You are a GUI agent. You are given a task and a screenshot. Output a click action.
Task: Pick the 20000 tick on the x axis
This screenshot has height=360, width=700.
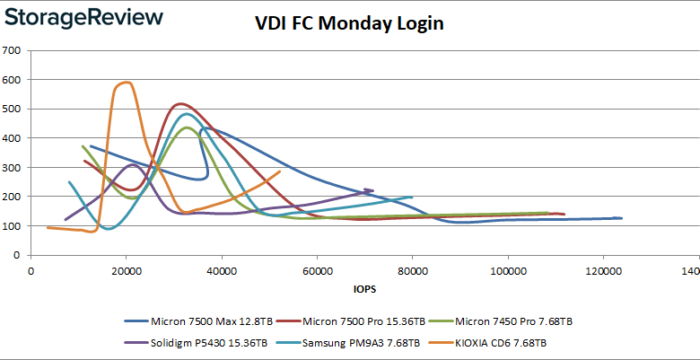click(126, 269)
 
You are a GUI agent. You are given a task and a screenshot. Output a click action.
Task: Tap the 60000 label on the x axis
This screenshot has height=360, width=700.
click(317, 269)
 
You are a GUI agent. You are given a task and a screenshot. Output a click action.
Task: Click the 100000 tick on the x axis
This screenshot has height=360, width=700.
click(507, 269)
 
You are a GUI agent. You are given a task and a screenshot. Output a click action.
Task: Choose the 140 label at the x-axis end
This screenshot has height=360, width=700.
click(689, 269)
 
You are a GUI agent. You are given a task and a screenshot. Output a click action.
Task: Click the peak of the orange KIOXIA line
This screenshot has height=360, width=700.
click(126, 83)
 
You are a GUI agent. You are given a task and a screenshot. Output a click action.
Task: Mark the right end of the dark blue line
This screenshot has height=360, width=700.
click(621, 218)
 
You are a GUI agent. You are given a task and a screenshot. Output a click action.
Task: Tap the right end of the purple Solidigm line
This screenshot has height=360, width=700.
click(372, 190)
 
